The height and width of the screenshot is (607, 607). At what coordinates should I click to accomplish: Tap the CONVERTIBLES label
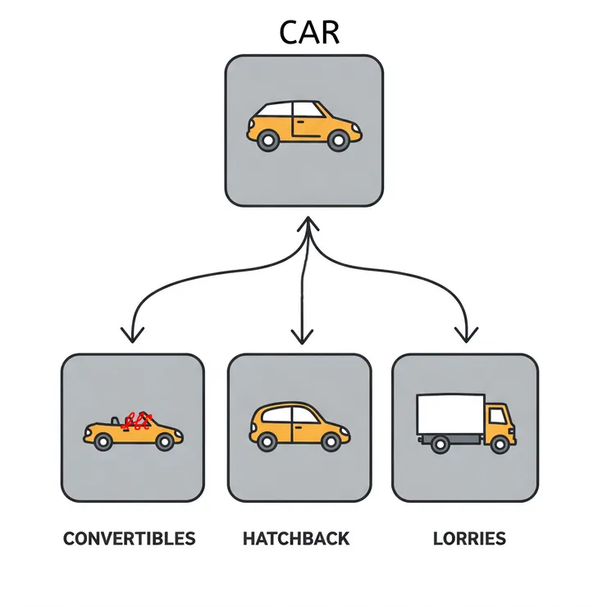click(130, 539)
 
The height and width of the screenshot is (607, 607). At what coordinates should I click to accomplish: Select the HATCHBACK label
click(296, 539)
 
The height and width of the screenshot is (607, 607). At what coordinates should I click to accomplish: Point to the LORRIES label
click(469, 539)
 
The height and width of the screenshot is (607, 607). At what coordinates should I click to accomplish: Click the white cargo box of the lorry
click(450, 416)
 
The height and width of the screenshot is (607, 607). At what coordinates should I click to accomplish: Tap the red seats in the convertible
click(136, 422)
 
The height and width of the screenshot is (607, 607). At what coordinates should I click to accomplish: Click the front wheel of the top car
click(337, 141)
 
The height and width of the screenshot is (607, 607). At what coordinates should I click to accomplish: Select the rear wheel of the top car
click(267, 141)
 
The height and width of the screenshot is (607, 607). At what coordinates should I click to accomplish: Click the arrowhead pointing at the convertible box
click(131, 334)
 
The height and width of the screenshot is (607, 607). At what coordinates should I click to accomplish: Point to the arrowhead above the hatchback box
click(303, 335)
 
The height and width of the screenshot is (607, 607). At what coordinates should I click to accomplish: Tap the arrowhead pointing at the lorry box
click(468, 334)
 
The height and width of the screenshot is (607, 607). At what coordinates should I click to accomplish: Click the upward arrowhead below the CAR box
click(306, 224)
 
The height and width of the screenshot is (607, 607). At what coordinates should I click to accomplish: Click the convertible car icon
click(132, 431)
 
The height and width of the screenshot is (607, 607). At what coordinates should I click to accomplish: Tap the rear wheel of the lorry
click(440, 445)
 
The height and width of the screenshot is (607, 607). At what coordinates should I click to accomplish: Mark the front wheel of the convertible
click(165, 442)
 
